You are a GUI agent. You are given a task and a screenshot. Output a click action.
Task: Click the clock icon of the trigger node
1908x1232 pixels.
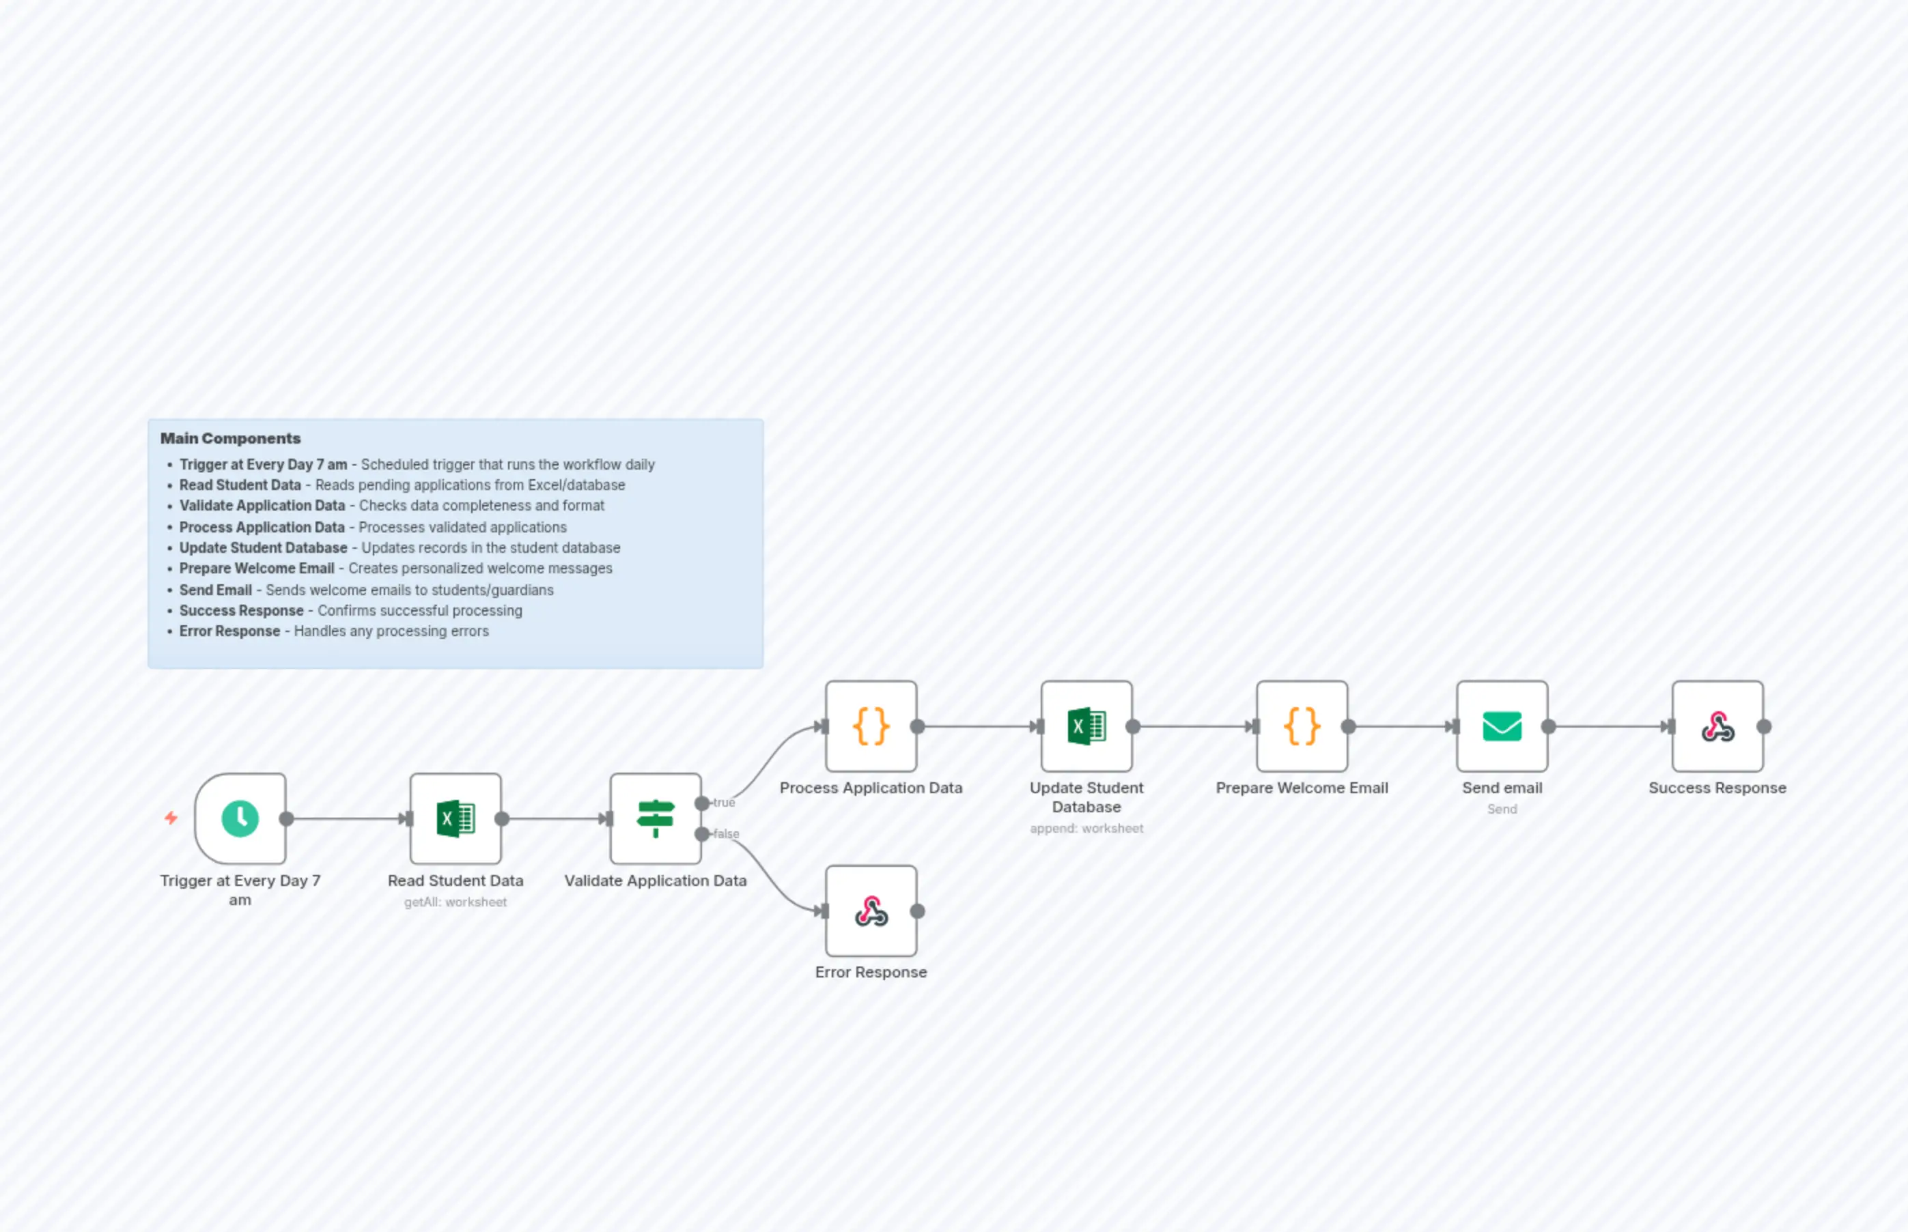[240, 818]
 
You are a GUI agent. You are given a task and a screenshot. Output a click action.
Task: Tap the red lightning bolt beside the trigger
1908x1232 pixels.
[171, 818]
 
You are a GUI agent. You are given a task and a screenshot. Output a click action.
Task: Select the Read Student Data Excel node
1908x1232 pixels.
[455, 818]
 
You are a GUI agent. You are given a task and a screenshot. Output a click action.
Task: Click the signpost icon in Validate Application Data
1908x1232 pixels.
[656, 818]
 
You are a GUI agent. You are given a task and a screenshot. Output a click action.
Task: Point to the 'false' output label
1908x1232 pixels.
[726, 833]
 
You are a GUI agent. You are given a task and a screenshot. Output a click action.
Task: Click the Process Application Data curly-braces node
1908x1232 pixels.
[871, 726]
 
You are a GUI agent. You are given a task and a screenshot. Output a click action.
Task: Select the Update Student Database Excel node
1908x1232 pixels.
[1086, 726]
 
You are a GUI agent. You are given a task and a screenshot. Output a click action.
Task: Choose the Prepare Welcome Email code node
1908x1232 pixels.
[1302, 726]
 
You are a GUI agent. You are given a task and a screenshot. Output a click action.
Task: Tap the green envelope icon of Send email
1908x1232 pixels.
[1502, 726]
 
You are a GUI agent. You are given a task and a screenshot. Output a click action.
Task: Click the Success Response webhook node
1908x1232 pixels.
[1717, 726]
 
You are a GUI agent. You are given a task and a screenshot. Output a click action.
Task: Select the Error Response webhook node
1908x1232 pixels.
[871, 911]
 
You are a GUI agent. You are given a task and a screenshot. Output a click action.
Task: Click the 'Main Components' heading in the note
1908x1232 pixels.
[231, 438]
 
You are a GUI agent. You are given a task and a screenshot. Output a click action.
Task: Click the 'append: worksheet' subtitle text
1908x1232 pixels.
[1086, 829]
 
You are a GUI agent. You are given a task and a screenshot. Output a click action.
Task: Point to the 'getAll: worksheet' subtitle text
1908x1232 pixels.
[455, 902]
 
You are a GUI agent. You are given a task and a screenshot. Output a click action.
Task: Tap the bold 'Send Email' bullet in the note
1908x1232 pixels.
[215, 590]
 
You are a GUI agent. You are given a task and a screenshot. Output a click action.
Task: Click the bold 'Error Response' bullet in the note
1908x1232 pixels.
[229, 631]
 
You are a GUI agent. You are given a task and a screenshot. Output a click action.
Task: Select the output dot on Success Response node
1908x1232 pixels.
[1764, 726]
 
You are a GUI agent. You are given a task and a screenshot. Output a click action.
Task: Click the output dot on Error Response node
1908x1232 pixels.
[918, 911]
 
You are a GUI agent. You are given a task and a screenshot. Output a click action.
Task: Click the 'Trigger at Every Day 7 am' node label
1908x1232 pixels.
[240, 889]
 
